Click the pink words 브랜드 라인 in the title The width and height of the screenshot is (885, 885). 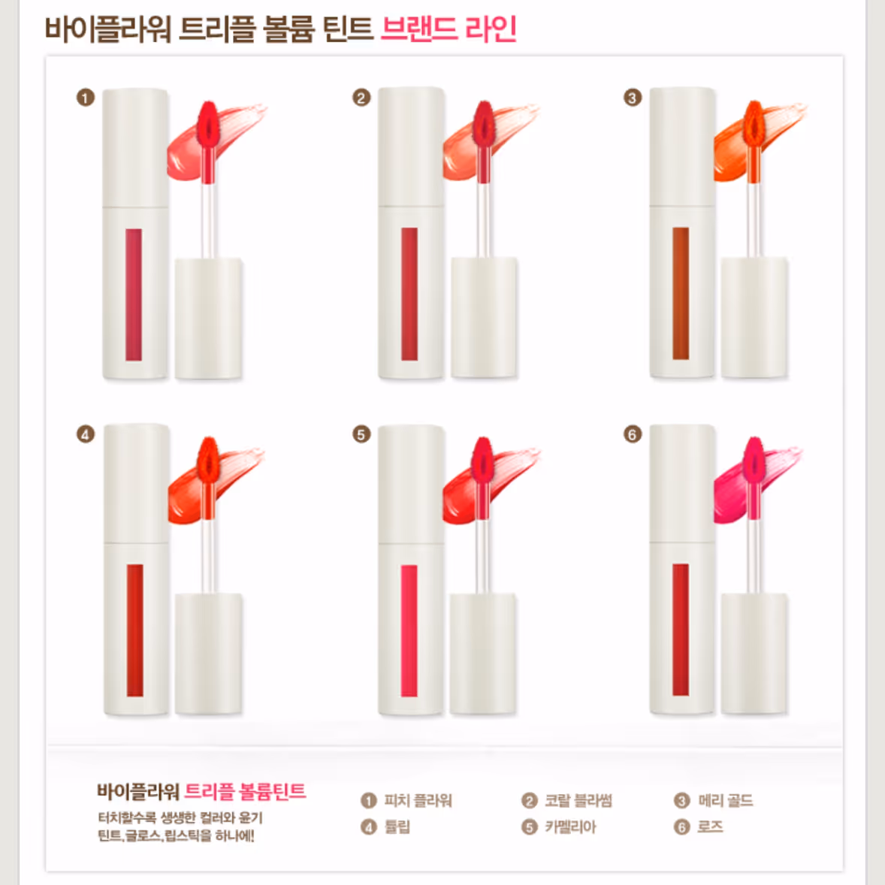click(x=449, y=29)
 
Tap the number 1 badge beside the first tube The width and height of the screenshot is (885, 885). click(x=85, y=98)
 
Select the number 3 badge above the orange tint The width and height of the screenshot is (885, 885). click(x=632, y=98)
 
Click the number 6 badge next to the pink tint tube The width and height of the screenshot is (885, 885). click(x=632, y=434)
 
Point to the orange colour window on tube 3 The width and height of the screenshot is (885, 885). click(x=681, y=294)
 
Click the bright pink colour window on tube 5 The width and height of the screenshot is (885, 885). click(x=409, y=630)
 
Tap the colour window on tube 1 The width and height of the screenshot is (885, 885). click(x=134, y=294)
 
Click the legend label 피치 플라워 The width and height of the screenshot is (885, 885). click(x=418, y=800)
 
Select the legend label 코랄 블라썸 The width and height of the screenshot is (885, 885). click(x=578, y=800)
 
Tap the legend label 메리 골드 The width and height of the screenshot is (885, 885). click(x=726, y=800)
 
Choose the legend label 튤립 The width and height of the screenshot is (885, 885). click(x=397, y=827)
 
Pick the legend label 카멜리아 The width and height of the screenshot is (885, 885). click(x=571, y=827)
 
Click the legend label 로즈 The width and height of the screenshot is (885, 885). click(x=711, y=827)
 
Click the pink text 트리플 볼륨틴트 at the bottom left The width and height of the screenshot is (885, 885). click(x=246, y=791)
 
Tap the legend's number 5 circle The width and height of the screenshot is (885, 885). click(x=529, y=827)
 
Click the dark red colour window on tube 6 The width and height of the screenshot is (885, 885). click(x=681, y=630)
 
